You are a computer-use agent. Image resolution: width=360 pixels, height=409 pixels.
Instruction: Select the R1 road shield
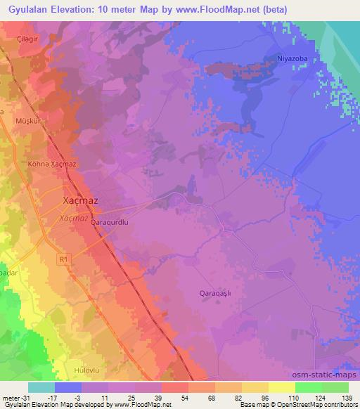64,260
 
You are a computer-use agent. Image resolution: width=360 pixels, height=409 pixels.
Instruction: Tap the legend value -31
14,397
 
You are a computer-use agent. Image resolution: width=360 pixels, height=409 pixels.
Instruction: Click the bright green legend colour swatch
308,387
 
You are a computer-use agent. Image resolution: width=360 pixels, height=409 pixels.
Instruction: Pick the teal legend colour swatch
41,387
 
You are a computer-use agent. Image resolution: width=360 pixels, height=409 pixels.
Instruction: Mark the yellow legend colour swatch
281,387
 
